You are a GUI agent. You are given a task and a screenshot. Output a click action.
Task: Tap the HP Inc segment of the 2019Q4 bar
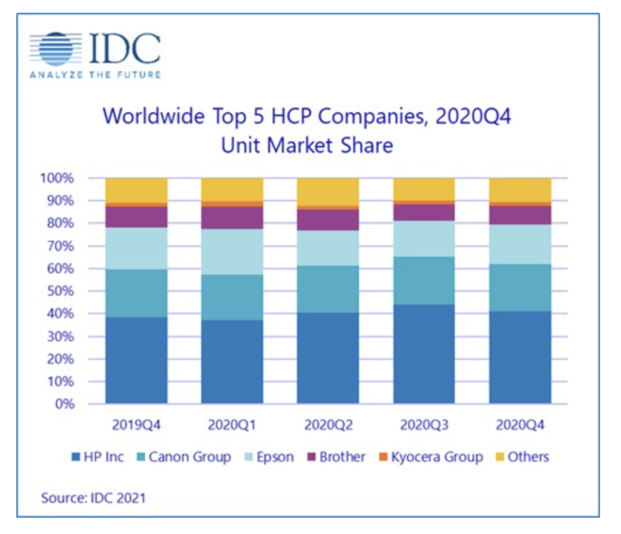pyautogui.click(x=136, y=360)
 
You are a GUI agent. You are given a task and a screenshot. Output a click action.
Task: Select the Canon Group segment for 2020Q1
pyautogui.click(x=232, y=297)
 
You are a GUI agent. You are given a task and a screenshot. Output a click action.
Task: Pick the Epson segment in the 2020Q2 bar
pyautogui.click(x=328, y=248)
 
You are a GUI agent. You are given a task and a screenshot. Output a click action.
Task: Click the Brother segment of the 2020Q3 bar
pyautogui.click(x=424, y=212)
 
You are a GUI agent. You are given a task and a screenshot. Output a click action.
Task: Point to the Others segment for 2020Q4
pyautogui.click(x=520, y=189)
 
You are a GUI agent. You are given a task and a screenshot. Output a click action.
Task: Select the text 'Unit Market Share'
pyautogui.click(x=307, y=145)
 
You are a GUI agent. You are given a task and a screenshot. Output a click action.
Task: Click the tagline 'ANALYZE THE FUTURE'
pyautogui.click(x=95, y=75)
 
